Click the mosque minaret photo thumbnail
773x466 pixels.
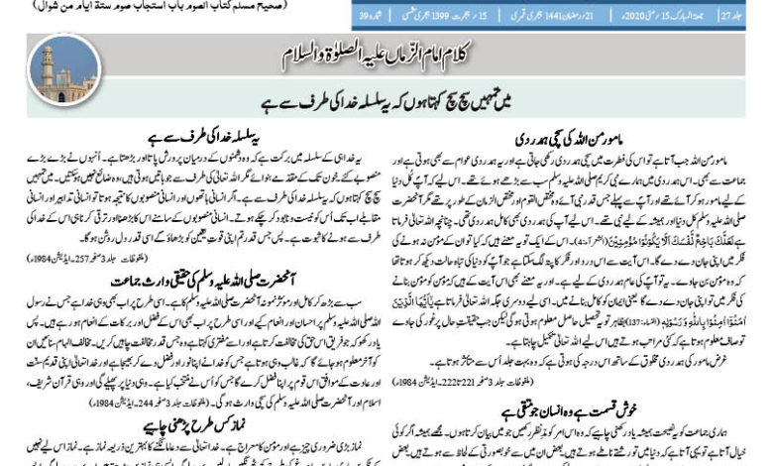click(x=62, y=64)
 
